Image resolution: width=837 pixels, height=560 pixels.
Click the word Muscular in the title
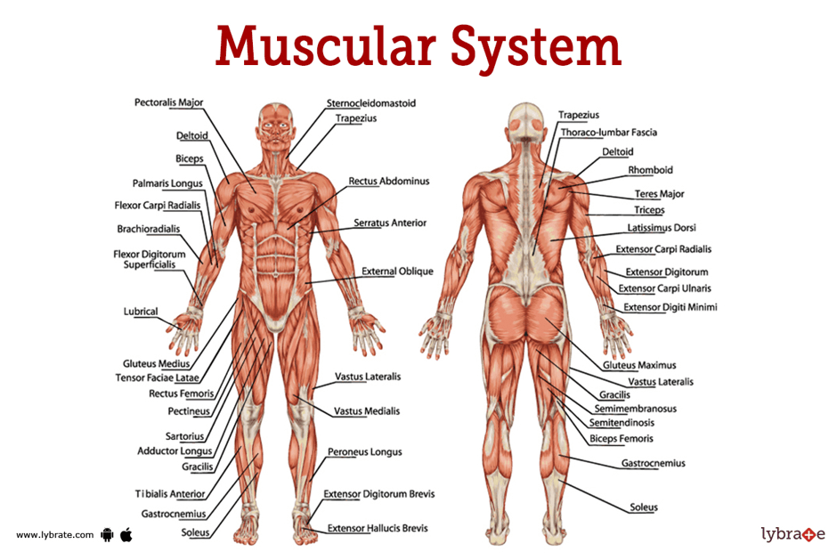326,46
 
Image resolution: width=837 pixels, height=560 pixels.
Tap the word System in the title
536,49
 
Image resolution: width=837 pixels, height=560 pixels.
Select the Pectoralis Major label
168,102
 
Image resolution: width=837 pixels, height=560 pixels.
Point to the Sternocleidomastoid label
371,103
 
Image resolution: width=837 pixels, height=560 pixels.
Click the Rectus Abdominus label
388,181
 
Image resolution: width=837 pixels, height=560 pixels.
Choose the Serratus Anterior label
390,223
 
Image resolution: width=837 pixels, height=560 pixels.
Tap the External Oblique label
397,272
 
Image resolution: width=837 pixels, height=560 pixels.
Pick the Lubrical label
141,312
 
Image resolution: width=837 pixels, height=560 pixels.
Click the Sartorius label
184,436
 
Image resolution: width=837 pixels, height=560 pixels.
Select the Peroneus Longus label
364,452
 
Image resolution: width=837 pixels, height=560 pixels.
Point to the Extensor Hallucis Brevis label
378,528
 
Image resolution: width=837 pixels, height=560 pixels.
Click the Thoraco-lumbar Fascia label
608,133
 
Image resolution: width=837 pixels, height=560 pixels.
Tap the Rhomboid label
650,170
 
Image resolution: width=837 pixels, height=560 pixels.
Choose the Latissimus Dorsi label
662,227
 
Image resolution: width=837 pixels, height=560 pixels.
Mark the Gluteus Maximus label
639,365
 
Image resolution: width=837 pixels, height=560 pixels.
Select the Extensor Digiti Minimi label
670,307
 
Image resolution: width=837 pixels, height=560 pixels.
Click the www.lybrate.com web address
54,535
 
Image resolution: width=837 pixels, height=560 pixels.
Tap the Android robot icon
107,534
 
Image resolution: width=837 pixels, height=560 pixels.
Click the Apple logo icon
126,534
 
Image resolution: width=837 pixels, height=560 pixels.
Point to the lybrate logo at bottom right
793,534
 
